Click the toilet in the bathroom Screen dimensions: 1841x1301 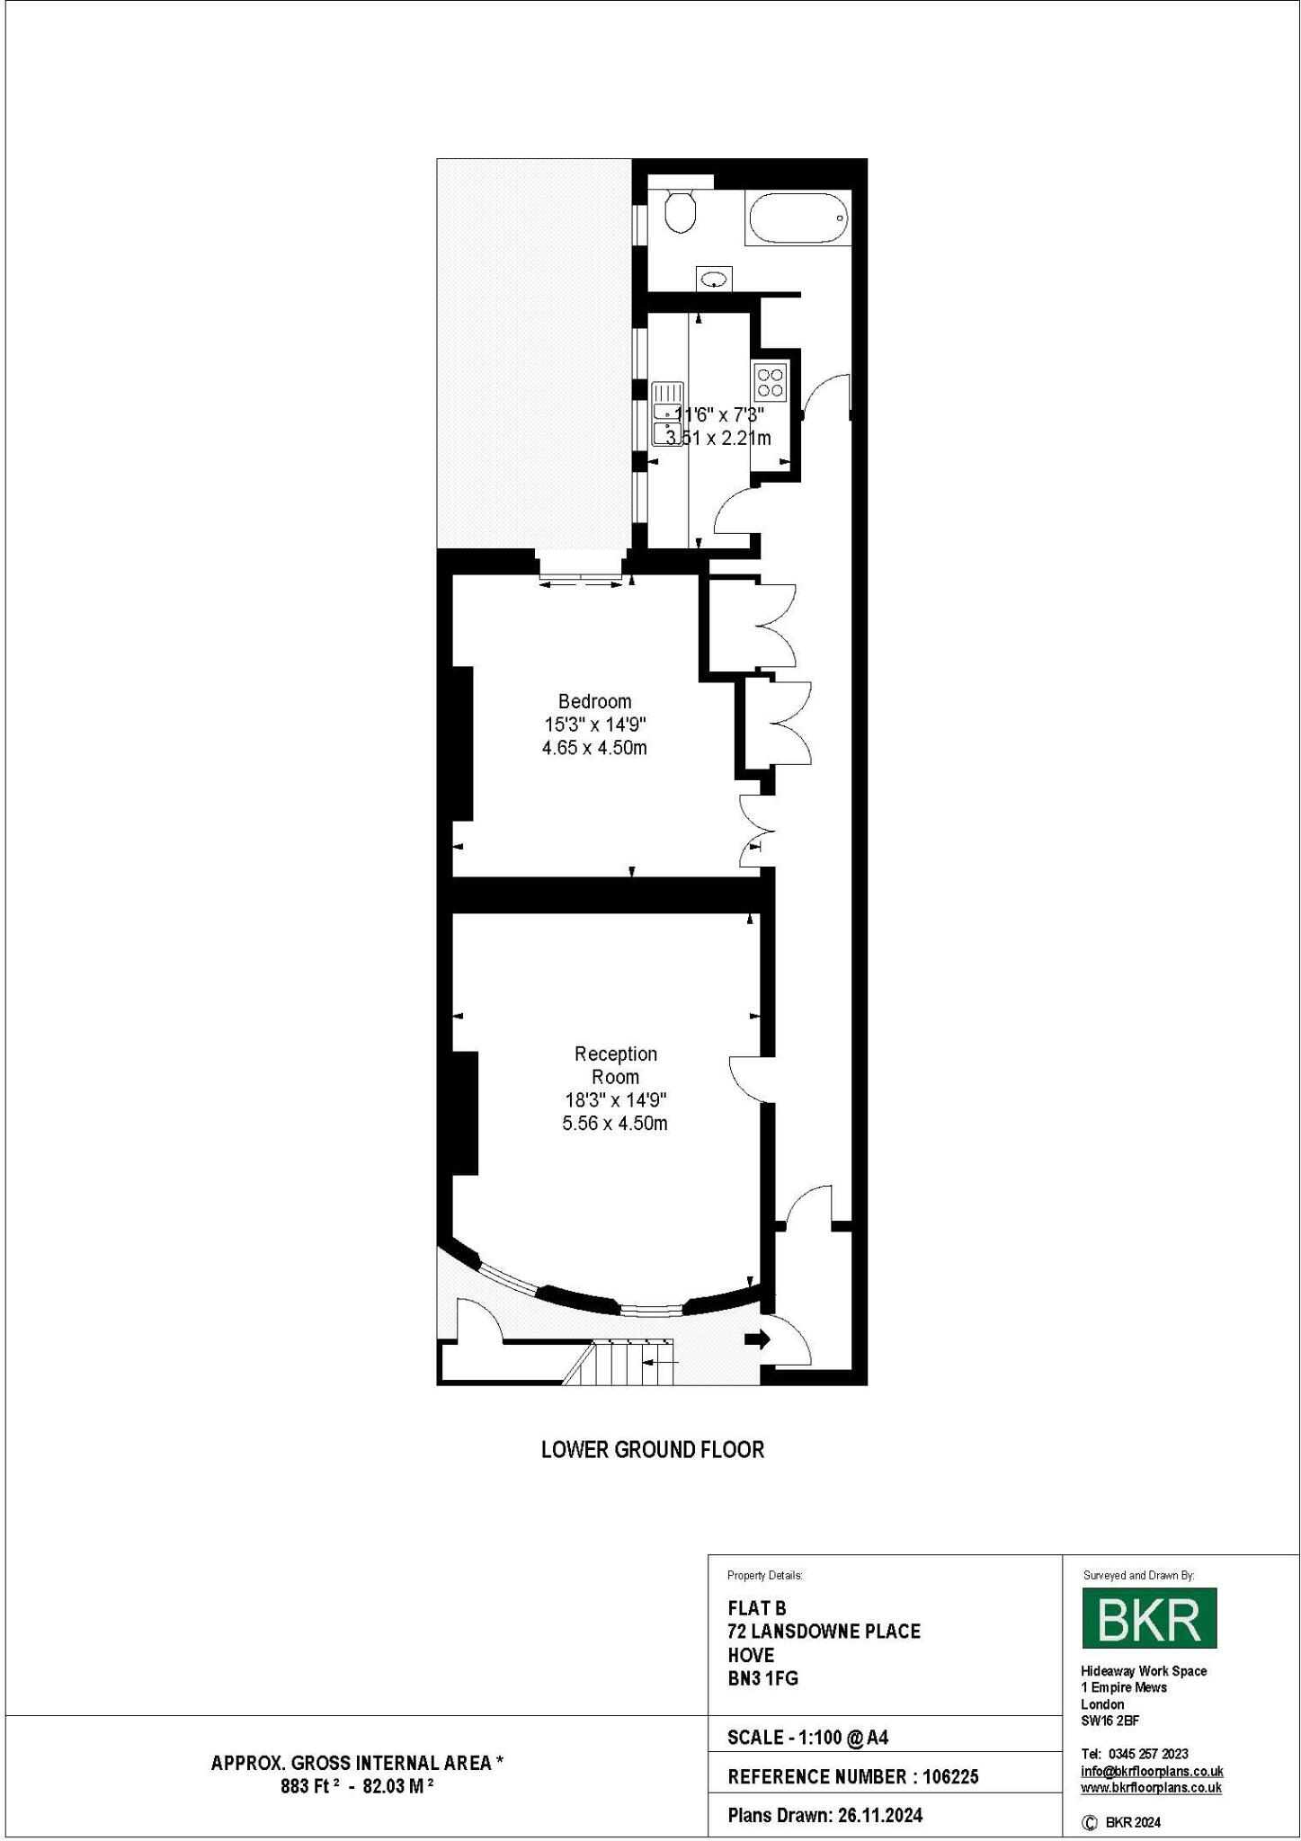681,212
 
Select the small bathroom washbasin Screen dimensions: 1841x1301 714,280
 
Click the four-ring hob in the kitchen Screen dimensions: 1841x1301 771,381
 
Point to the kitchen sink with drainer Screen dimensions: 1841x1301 667,414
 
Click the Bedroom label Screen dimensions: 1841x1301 594,701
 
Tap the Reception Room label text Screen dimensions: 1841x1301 616,1065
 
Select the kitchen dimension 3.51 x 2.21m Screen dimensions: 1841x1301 717,439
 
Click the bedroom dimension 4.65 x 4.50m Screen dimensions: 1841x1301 594,748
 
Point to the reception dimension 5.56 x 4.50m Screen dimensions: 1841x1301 615,1124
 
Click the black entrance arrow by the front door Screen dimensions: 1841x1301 757,1339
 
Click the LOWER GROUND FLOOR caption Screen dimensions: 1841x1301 652,1450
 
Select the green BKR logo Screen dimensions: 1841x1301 1148,1617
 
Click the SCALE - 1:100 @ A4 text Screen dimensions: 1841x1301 806,1738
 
